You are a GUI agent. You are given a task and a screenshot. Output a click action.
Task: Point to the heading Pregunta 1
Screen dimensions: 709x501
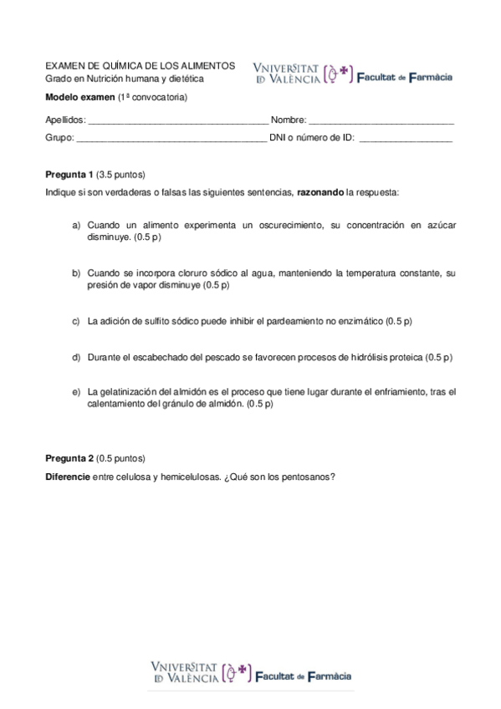(69, 176)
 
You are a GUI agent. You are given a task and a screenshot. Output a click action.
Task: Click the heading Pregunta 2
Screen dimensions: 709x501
(69, 459)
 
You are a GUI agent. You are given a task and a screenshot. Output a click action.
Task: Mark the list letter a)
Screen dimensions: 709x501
(76, 226)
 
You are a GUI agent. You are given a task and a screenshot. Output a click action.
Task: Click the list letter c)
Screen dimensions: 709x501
(76, 321)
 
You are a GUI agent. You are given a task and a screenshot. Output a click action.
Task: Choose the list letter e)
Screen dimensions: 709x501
(76, 391)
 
